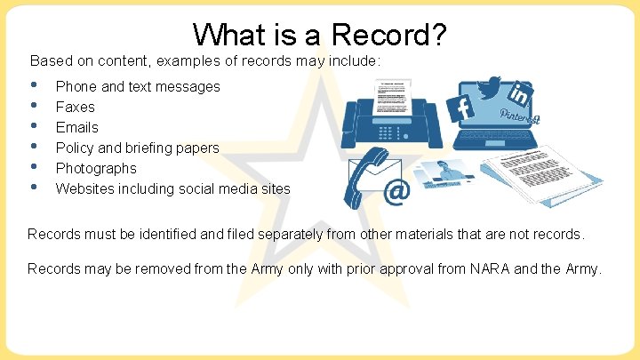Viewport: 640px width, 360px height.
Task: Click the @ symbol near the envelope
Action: [x=396, y=190]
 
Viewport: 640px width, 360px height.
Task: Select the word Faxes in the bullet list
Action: [x=76, y=107]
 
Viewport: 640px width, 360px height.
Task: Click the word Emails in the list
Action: [x=77, y=127]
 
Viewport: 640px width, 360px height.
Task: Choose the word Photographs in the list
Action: [x=96, y=168]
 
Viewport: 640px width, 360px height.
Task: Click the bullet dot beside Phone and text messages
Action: [x=34, y=86]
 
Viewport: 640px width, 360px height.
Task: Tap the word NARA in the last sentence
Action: [x=485, y=268]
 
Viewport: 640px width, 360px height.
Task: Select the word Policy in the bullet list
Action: [x=75, y=148]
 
